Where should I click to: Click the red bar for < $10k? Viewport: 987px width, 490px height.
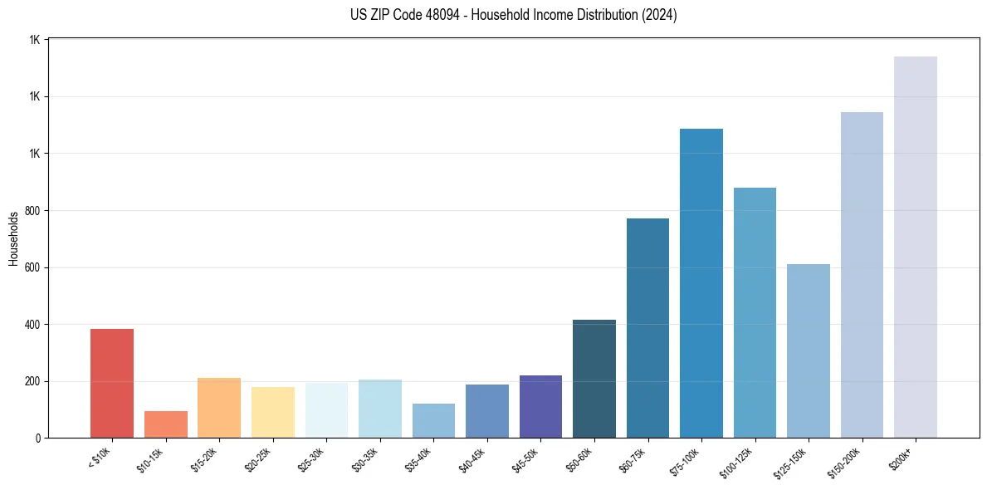click(x=112, y=383)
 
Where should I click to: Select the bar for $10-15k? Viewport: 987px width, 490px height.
click(x=165, y=424)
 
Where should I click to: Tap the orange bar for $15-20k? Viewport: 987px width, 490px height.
click(x=219, y=408)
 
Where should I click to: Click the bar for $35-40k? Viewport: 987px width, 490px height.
click(x=433, y=420)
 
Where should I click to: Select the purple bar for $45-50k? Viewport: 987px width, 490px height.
click(x=540, y=406)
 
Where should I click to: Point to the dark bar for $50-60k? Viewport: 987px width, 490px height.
click(x=594, y=379)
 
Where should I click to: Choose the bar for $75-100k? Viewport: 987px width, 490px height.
click(x=701, y=283)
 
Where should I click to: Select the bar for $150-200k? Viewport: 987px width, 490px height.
click(x=862, y=275)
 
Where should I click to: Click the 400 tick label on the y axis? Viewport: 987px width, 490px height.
click(x=33, y=325)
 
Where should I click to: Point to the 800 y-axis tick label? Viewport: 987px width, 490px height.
click(x=33, y=211)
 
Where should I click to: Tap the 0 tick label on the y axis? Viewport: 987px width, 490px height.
click(x=38, y=439)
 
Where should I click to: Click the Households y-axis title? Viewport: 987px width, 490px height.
click(x=13, y=238)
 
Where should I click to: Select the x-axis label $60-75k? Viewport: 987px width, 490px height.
click(x=634, y=458)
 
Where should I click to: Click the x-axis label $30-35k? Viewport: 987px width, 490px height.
click(x=366, y=458)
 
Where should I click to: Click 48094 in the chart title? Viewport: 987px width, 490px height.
click(x=433, y=15)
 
